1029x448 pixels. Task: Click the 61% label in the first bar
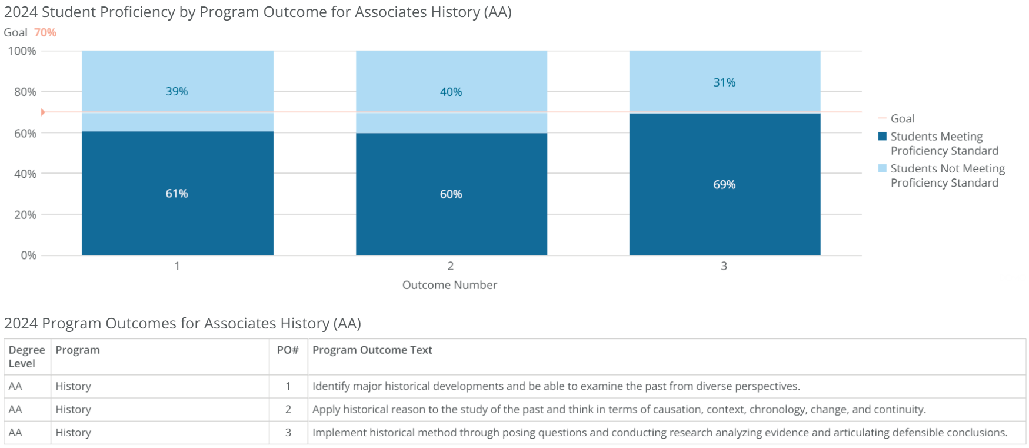click(177, 194)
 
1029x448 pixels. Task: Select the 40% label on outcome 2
click(451, 92)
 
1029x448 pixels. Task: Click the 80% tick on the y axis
click(25, 92)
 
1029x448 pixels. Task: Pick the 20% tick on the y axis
click(25, 215)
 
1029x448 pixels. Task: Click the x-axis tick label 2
click(451, 266)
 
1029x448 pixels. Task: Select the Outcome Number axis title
click(449, 285)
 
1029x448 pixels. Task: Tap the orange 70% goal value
click(45, 32)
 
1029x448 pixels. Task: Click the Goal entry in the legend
click(902, 118)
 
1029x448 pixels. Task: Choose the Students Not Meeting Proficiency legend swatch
click(882, 168)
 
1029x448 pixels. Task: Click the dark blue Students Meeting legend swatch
click(882, 136)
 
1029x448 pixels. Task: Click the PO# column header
click(288, 350)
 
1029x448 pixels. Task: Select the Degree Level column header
click(26, 356)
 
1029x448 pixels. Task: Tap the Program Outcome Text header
click(372, 350)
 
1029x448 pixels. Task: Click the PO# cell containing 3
click(288, 432)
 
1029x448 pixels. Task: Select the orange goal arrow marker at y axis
click(43, 112)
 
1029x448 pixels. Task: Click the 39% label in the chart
click(177, 91)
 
